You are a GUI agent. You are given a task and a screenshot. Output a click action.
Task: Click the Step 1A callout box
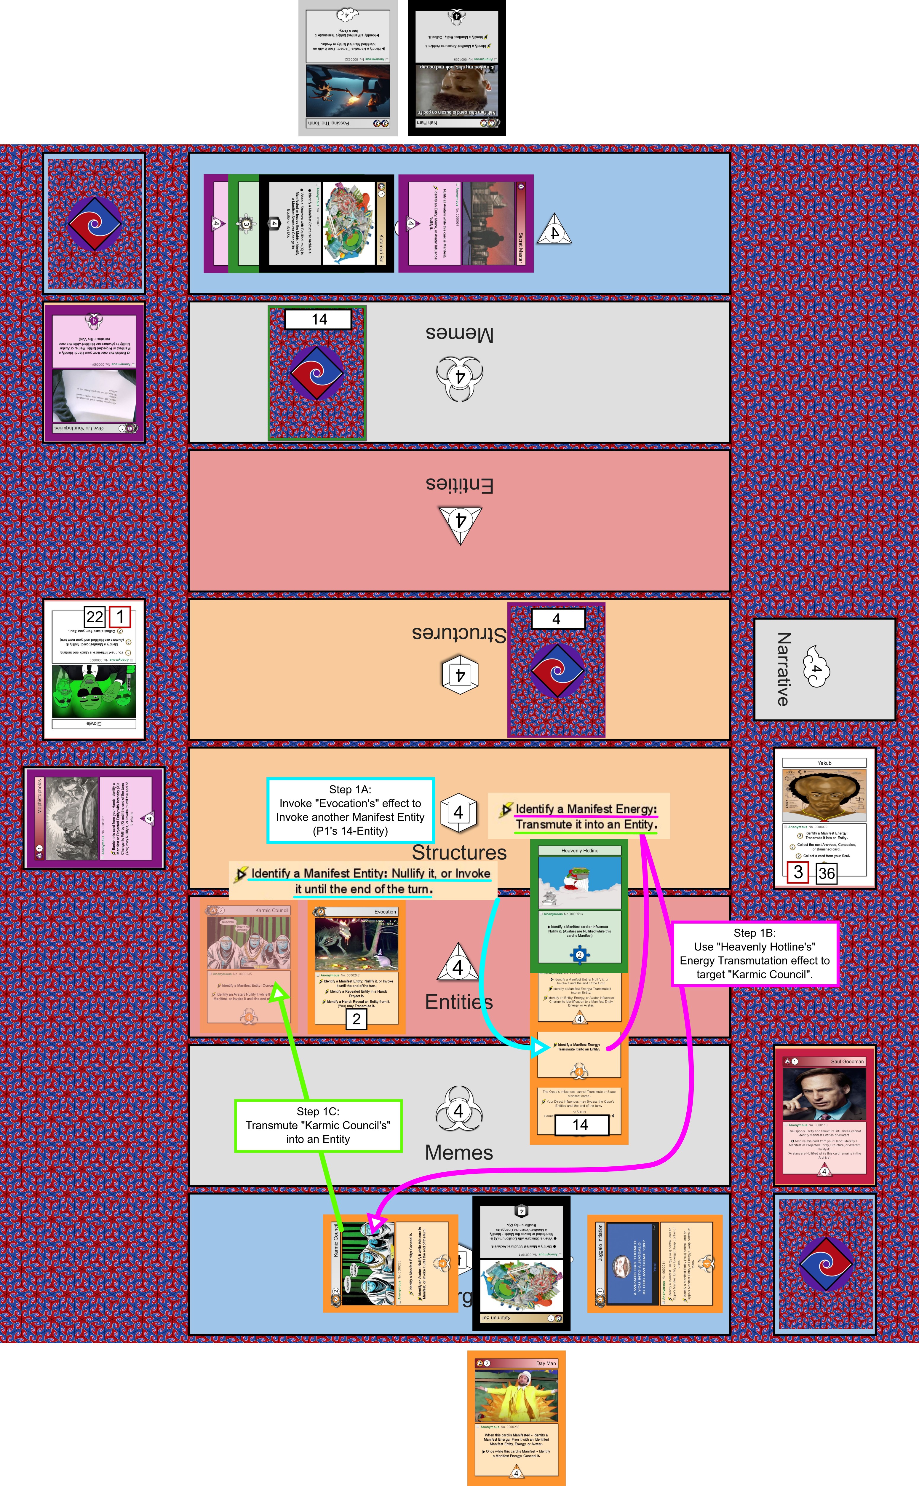[x=350, y=810]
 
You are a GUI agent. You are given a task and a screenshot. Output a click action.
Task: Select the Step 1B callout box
[x=754, y=954]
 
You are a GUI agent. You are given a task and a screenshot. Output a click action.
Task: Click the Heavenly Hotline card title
[x=579, y=851]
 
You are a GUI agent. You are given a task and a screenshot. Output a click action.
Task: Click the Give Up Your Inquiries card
[x=94, y=372]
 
